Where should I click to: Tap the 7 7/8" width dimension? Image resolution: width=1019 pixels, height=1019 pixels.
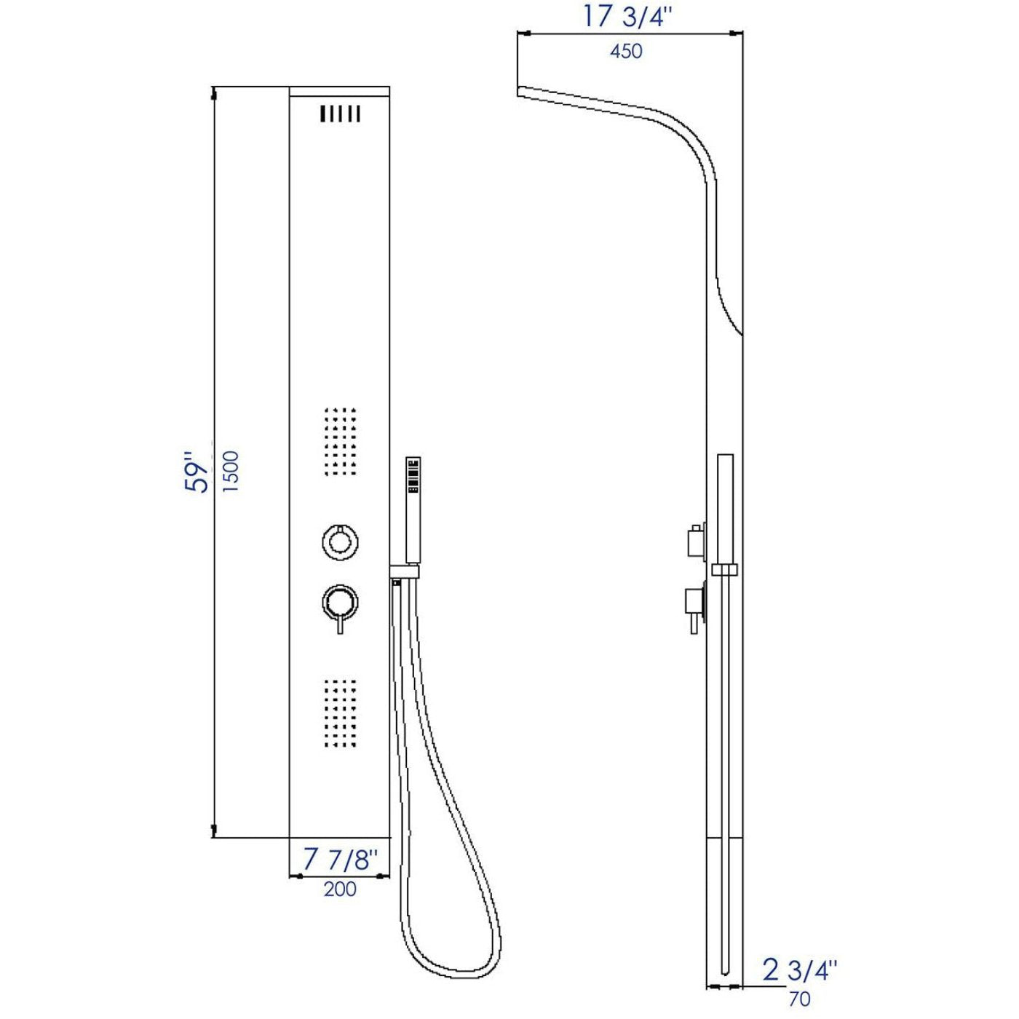click(x=341, y=860)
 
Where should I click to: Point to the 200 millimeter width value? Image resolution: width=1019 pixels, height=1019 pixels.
click(x=340, y=889)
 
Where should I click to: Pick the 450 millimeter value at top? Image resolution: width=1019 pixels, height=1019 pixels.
click(x=627, y=51)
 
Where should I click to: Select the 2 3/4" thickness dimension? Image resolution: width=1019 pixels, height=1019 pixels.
click(x=799, y=970)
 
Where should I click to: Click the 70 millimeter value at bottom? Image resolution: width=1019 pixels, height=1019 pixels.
click(x=798, y=999)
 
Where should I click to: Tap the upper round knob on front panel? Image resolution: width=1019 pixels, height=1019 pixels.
click(x=340, y=542)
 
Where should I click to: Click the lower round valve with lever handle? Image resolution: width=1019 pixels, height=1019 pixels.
click(x=340, y=603)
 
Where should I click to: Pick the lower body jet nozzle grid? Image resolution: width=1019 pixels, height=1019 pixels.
click(x=340, y=714)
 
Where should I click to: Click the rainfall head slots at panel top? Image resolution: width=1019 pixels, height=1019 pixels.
click(x=340, y=114)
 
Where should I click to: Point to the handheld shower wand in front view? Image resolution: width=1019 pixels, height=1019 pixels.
click(x=413, y=509)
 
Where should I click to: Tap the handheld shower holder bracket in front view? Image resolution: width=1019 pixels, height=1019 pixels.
click(x=405, y=571)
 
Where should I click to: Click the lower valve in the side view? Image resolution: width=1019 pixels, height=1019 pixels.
click(x=694, y=604)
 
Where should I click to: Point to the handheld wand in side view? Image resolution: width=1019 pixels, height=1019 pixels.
click(x=726, y=509)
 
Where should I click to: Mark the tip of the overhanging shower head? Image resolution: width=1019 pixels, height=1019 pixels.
click(x=519, y=91)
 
